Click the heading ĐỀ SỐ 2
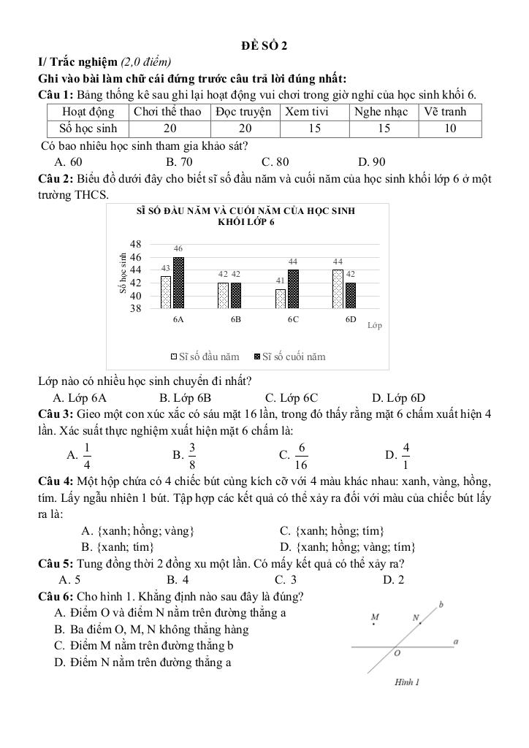click(x=264, y=46)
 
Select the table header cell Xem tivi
click(x=306, y=112)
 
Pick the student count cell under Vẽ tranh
click(x=450, y=129)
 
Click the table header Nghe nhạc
click(x=382, y=112)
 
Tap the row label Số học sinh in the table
click(x=88, y=129)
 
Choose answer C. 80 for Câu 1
click(x=275, y=161)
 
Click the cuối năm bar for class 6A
click(x=178, y=283)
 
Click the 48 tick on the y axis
click(x=135, y=244)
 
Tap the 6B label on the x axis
click(x=236, y=320)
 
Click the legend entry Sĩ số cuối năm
click(x=289, y=357)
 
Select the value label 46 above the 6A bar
click(x=178, y=249)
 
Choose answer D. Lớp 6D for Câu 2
click(x=398, y=398)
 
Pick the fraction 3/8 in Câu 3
click(x=192, y=455)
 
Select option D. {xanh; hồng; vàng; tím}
click(x=348, y=546)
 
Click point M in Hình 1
click(x=375, y=617)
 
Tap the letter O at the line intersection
click(x=397, y=654)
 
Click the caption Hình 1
click(x=406, y=682)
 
